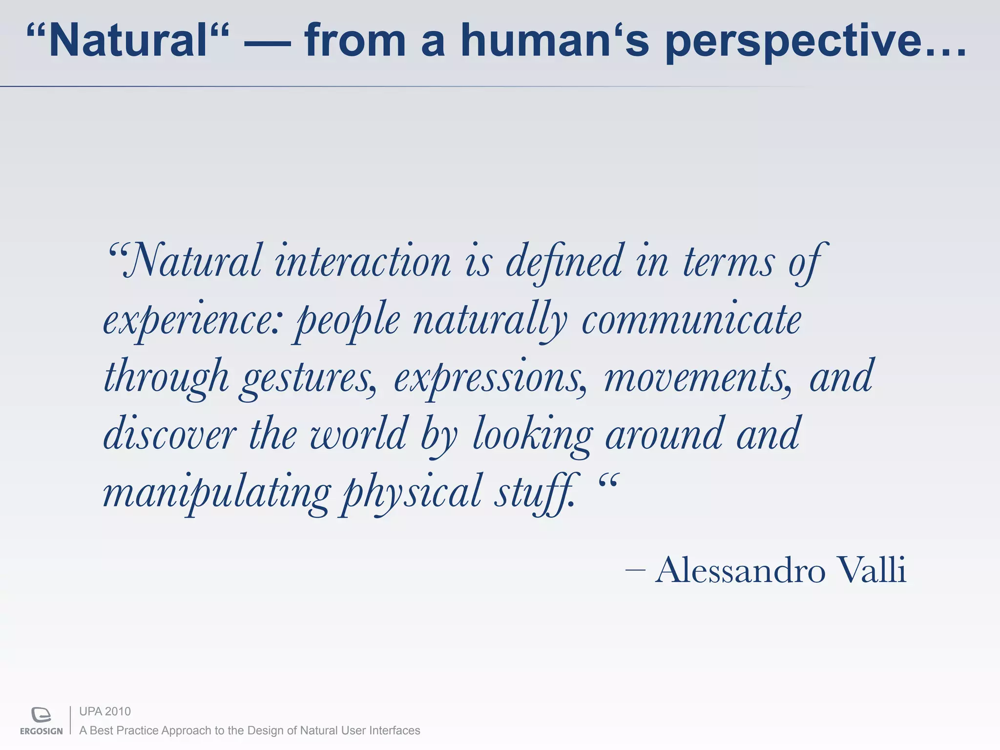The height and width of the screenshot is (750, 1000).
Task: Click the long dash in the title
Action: point(267,43)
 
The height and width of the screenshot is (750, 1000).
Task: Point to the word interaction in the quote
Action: point(363,262)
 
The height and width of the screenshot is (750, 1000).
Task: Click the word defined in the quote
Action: point(564,262)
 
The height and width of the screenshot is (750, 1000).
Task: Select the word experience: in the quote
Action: point(192,320)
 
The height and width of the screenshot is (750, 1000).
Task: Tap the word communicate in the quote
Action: point(691,320)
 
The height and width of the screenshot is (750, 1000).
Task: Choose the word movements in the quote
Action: point(697,377)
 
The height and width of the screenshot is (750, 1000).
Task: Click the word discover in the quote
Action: point(170,434)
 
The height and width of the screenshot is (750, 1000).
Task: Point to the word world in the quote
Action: point(358,434)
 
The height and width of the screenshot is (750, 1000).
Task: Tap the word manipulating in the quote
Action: point(217,492)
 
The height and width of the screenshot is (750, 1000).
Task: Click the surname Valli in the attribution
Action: point(871,570)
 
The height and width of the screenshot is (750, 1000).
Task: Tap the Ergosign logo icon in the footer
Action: point(41,714)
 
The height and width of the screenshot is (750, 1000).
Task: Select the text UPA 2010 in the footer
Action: point(105,711)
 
